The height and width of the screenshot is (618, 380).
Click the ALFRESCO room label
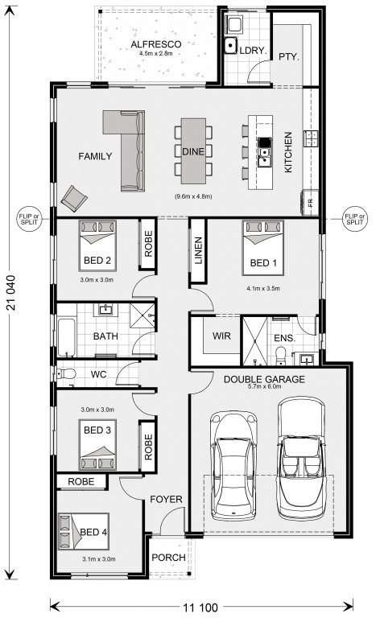156,44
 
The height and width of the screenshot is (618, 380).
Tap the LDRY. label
253,51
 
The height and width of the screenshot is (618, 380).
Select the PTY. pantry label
289,57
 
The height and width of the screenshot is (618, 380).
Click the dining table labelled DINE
193,151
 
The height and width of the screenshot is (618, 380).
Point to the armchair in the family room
74,198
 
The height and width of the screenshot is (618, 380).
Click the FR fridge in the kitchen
310,203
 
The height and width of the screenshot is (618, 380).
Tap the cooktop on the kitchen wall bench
311,138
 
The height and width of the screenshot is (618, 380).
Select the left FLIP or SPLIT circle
30,219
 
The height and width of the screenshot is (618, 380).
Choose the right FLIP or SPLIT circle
354,219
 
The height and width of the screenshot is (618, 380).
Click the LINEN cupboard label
198,251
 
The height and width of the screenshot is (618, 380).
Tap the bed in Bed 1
263,248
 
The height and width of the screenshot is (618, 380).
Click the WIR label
221,336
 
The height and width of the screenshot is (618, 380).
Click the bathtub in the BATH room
67,337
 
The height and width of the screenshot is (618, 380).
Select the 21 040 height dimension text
11,292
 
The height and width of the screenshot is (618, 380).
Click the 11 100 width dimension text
200,608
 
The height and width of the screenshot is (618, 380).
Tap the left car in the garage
233,465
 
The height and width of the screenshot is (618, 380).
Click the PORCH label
168,558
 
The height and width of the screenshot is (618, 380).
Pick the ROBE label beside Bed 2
148,244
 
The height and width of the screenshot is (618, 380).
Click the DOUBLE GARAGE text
264,379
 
